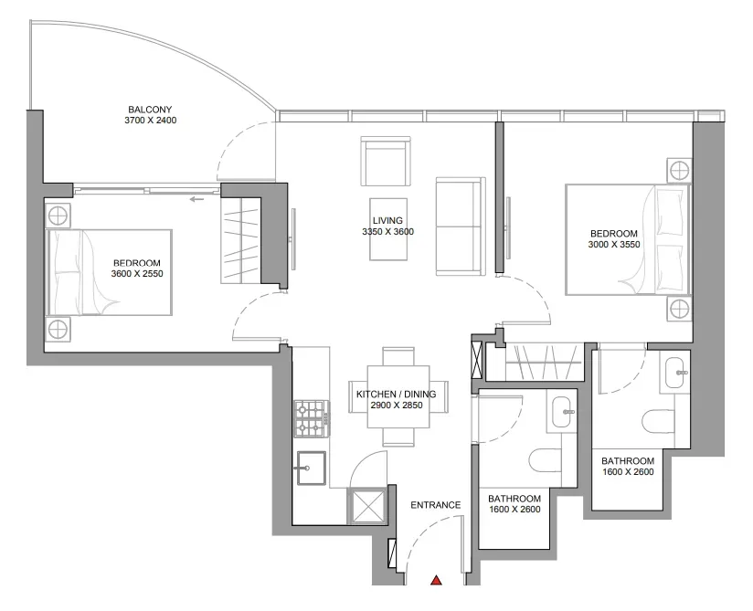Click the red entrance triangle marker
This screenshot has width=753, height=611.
436,580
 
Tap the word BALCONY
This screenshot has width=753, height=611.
150,110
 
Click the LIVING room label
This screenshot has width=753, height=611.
387,221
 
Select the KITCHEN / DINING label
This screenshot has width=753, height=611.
397,394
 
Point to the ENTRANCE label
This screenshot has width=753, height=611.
436,505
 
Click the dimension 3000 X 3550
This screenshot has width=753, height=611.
614,244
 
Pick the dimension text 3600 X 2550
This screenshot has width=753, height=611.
137,274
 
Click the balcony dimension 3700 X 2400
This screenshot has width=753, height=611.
150,121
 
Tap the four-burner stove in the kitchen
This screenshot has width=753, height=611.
312,418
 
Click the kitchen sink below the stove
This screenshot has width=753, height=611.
312,468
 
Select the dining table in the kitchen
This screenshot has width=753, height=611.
398,396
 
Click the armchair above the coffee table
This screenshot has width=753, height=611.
387,162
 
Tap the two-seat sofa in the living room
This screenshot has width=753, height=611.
461,226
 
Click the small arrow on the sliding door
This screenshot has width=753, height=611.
196,199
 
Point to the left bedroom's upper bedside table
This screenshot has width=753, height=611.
58,216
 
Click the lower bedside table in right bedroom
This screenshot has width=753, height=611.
680,309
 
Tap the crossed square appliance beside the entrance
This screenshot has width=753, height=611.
367,507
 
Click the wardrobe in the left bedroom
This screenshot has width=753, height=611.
240,240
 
